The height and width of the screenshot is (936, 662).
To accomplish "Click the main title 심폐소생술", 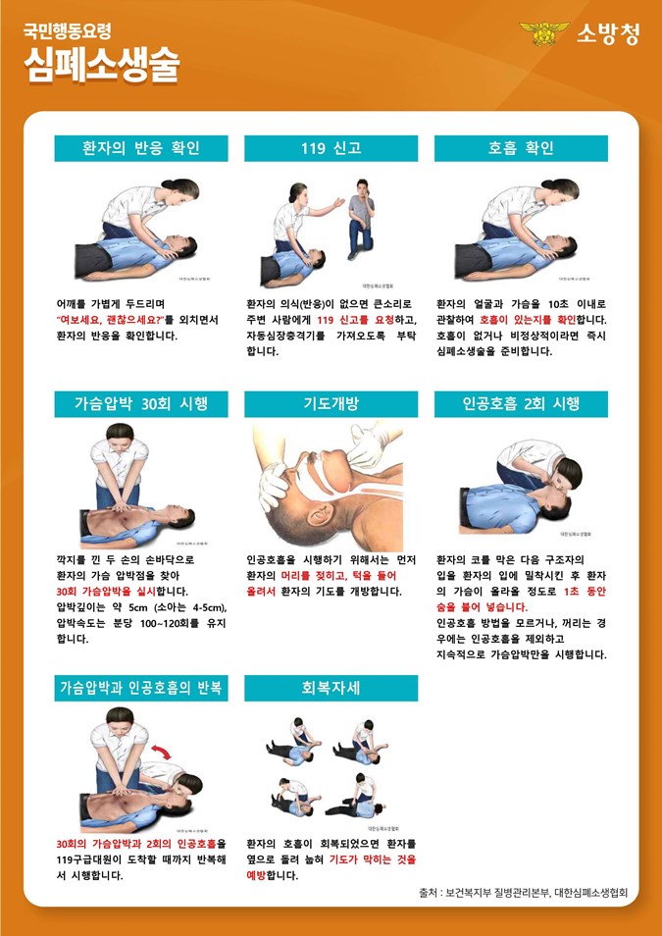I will tap(102, 63).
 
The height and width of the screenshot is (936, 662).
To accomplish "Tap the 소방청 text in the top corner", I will tap(607, 34).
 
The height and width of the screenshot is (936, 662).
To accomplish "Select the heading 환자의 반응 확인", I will tap(141, 148).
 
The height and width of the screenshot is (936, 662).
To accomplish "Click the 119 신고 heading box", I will tap(331, 148).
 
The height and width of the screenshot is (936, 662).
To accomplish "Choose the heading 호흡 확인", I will tap(521, 148).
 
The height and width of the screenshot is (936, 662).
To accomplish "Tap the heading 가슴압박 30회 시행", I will tap(141, 404).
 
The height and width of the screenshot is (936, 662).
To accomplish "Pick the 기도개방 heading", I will tap(331, 404).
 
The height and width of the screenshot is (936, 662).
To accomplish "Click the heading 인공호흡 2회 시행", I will tap(521, 404).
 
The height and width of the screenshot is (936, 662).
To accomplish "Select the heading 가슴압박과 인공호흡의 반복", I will tap(141, 688).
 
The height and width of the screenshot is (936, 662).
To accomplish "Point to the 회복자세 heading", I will tap(331, 688).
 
